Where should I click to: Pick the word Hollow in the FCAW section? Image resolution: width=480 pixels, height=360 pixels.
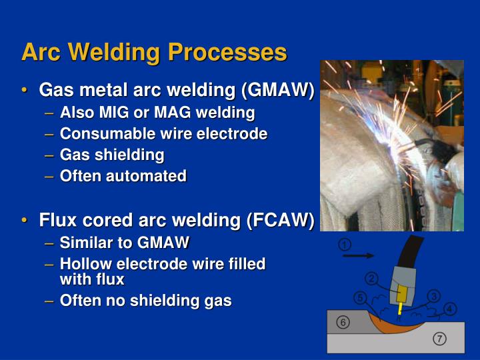click(83, 264)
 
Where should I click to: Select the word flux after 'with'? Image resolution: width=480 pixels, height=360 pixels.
click(110, 279)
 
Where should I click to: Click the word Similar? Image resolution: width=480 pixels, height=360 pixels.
click(85, 242)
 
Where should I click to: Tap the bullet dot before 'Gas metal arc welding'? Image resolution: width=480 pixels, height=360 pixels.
click(25, 91)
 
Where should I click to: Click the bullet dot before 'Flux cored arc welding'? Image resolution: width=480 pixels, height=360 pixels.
click(25, 221)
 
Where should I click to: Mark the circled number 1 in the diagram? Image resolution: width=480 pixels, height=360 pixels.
click(344, 244)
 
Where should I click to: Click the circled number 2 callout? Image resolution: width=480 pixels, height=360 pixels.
click(371, 278)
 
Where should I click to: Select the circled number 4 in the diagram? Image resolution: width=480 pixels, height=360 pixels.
click(451, 309)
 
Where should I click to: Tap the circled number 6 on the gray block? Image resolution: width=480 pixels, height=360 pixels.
click(343, 322)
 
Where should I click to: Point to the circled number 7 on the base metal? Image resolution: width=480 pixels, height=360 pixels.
click(439, 339)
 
